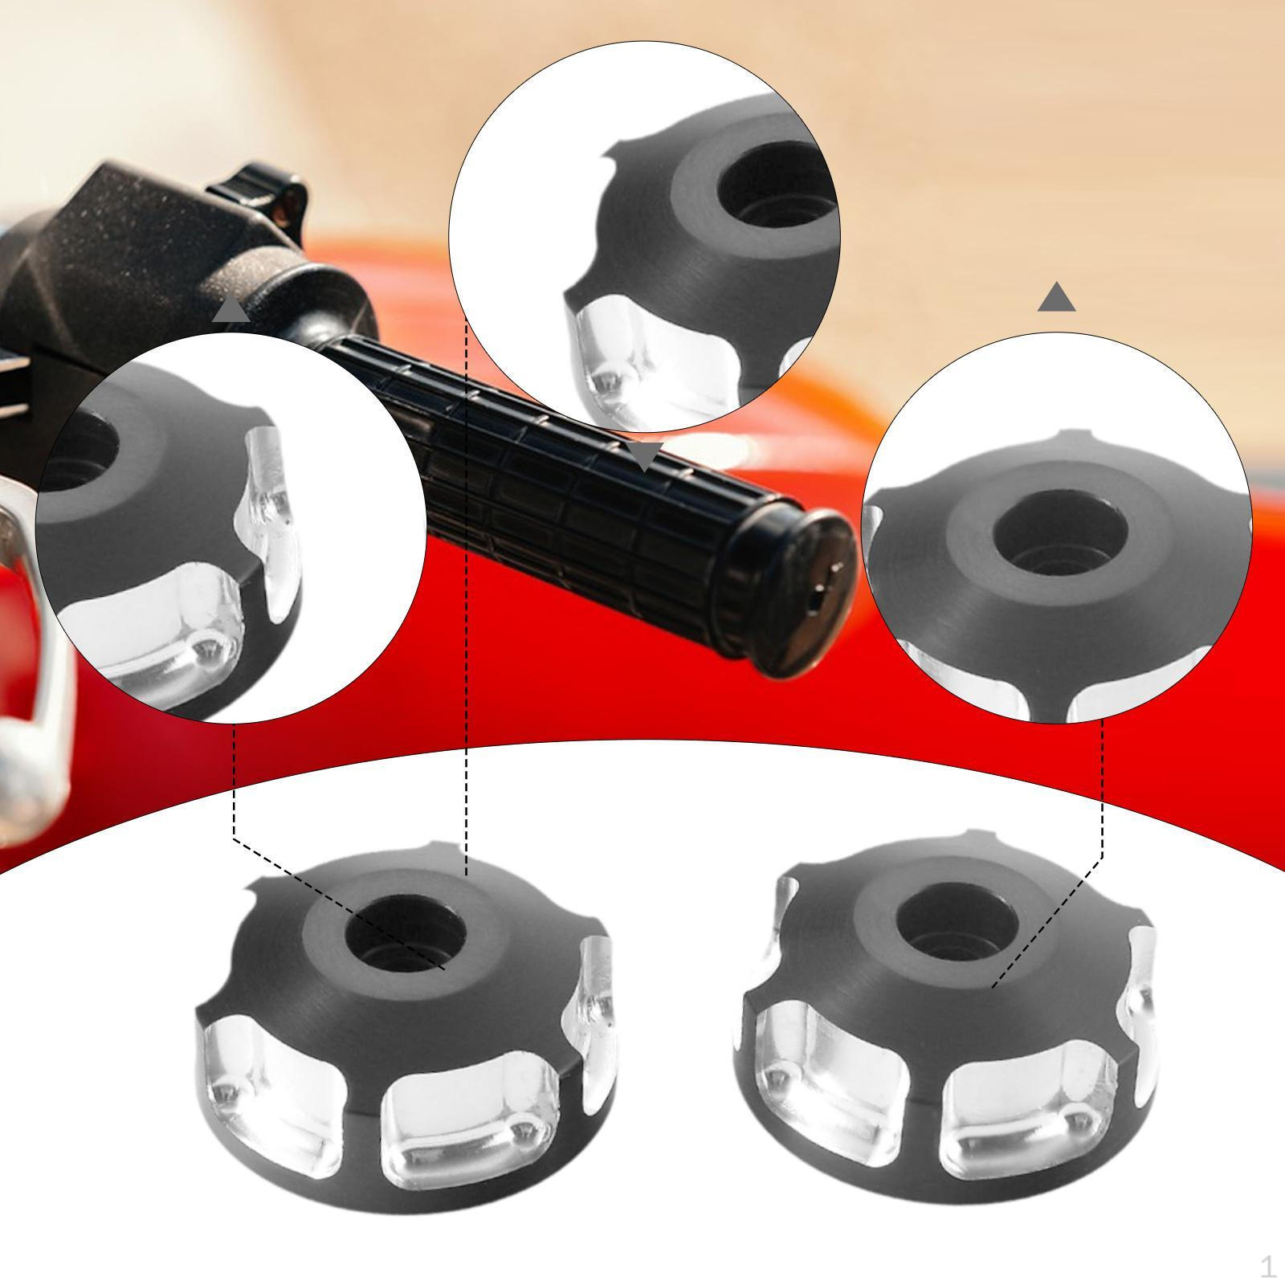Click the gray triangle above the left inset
(x=231, y=309)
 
